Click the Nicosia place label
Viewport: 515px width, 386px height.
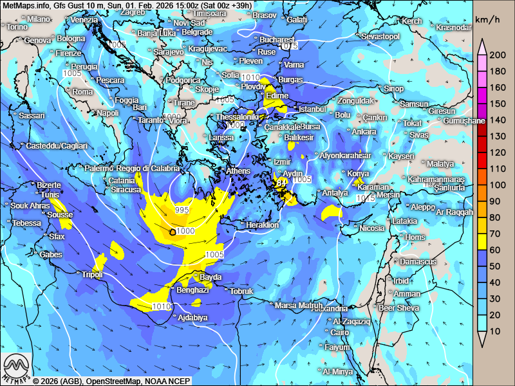pyautogui.click(x=371, y=228)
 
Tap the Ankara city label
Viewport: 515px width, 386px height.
pyautogui.click(x=364, y=132)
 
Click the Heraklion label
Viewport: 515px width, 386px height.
pyautogui.click(x=263, y=225)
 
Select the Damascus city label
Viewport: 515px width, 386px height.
pyautogui.click(x=418, y=262)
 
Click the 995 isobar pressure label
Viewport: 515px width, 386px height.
pyautogui.click(x=182, y=211)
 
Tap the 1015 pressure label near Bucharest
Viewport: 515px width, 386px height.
pyautogui.click(x=290, y=46)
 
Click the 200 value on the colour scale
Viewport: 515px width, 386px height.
pyautogui.click(x=498, y=55)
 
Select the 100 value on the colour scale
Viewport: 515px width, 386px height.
pyautogui.click(x=498, y=185)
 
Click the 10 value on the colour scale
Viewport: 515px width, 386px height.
pyautogui.click(x=495, y=331)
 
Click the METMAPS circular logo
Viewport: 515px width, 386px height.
pyautogui.click(x=17, y=368)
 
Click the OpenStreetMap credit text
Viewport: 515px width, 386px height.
pyautogui.click(x=113, y=381)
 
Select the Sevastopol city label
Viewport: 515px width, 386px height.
pyautogui.click(x=380, y=37)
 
